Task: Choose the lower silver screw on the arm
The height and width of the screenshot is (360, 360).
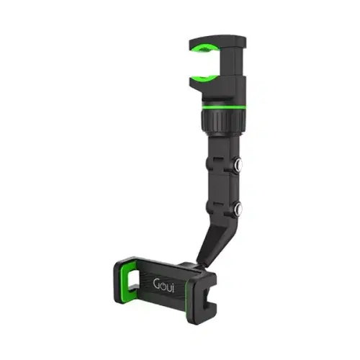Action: [x=238, y=210]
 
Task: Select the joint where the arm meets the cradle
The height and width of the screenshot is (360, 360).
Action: [x=194, y=258]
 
